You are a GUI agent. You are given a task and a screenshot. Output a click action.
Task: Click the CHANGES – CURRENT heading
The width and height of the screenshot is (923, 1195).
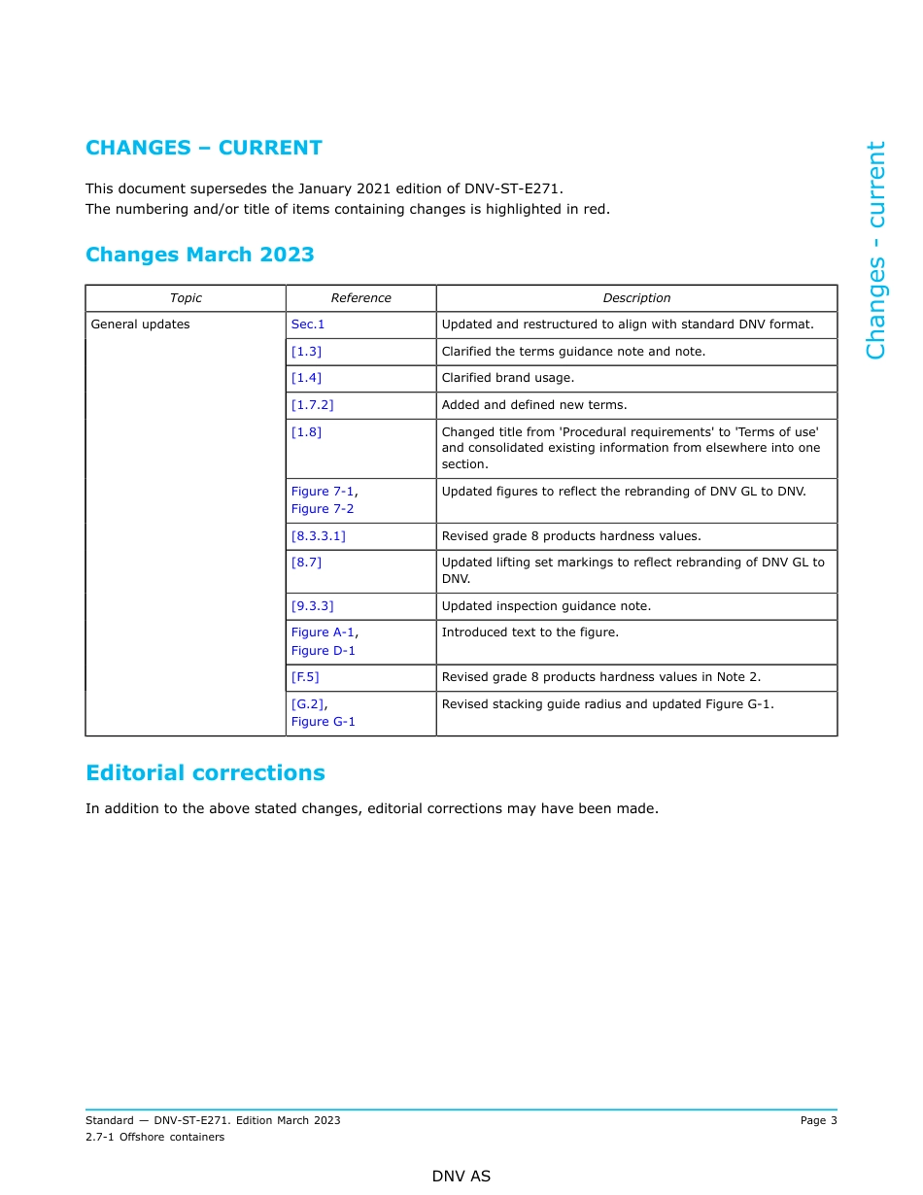coord(203,148)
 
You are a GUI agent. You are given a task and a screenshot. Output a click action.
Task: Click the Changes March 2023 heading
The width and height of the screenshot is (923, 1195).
coord(199,255)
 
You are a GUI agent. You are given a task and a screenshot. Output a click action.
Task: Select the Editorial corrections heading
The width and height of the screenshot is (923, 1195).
coord(205,773)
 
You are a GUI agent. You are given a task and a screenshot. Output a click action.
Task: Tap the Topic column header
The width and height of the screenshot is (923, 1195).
coord(186,298)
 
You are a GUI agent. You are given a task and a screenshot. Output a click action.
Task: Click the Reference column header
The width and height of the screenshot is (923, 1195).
coord(360,298)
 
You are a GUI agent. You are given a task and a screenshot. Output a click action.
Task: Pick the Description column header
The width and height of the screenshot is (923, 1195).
coord(636,298)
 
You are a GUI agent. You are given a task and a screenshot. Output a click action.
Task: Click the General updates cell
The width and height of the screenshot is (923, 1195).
coord(140,324)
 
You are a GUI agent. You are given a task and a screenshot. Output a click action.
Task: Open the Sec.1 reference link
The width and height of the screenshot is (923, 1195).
coord(308,324)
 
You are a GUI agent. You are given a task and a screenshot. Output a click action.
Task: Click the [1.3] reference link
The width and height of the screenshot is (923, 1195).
coord(306,352)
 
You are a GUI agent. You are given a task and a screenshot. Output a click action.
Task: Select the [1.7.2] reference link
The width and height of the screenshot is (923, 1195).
coord(312,405)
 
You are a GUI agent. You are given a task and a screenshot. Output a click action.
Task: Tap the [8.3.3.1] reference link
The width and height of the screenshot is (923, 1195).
coord(318,536)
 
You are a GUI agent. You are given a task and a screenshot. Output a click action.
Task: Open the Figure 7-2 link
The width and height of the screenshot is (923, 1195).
coord(323,509)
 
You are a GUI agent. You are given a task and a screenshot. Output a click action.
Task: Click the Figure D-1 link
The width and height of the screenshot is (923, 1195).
coord(324,651)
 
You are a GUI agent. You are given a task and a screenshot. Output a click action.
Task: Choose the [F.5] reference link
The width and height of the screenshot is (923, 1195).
coord(305,677)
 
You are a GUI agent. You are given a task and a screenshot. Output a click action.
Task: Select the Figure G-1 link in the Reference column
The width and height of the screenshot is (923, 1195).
coord(324,722)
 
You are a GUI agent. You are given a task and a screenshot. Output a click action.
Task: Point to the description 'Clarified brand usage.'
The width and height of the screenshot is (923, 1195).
coord(507,378)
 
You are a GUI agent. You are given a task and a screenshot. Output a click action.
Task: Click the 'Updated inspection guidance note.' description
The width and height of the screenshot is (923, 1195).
coord(546,606)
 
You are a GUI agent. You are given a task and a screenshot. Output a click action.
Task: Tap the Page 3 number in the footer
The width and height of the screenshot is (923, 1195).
coord(818,1120)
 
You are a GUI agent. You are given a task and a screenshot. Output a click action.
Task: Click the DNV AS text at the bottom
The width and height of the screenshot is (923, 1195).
coord(461,1177)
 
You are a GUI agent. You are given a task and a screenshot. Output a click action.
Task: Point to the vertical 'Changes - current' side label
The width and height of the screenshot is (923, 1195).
coord(876,250)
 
